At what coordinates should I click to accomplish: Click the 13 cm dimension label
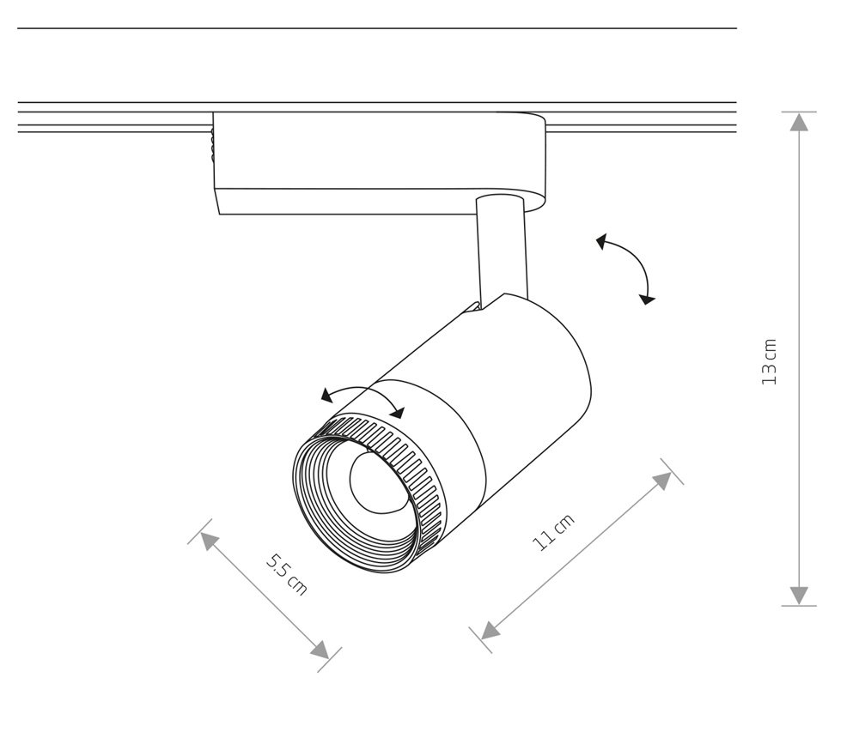tap(770, 360)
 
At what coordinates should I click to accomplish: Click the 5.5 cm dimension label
tap(285, 574)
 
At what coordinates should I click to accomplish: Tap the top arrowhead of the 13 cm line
tap(800, 122)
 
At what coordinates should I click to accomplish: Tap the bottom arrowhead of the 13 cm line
tap(800, 596)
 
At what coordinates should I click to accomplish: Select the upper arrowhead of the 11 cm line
tap(663, 481)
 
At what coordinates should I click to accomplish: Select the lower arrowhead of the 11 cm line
tap(490, 631)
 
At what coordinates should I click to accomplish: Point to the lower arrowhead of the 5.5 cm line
tap(320, 650)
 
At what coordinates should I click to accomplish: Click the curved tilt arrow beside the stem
tap(628, 266)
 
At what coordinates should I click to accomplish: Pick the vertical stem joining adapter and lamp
tap(500, 249)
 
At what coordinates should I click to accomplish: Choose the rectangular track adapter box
tap(378, 163)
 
